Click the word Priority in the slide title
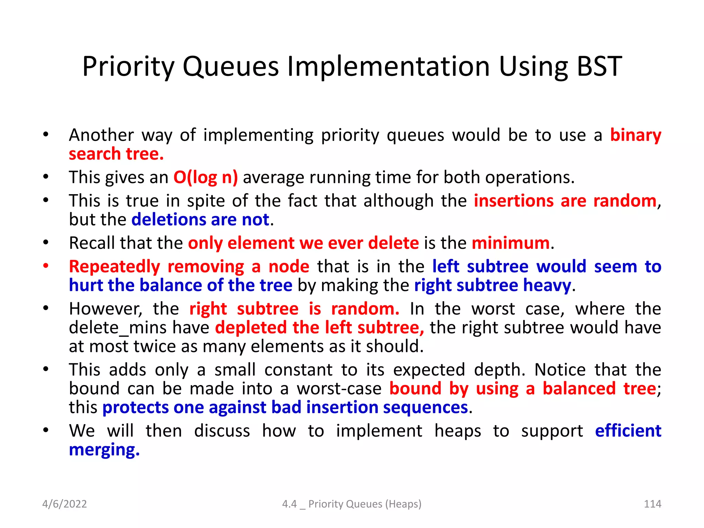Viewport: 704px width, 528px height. [x=128, y=66]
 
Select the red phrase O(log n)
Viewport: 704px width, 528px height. [x=205, y=177]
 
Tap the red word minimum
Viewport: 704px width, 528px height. [x=510, y=243]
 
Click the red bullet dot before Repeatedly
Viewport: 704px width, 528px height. [x=46, y=266]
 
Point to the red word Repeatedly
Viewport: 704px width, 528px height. [x=114, y=267]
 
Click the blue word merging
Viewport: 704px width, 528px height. [x=104, y=450]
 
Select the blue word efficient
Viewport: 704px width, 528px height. [x=628, y=431]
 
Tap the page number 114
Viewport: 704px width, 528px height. [x=652, y=504]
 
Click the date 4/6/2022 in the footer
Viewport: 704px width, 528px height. [x=64, y=504]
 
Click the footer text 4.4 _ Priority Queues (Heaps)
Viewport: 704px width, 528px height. [x=352, y=504]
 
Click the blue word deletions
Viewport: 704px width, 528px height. [x=168, y=220]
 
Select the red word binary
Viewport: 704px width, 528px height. [x=635, y=135]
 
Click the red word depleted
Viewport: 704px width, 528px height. [x=251, y=328]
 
